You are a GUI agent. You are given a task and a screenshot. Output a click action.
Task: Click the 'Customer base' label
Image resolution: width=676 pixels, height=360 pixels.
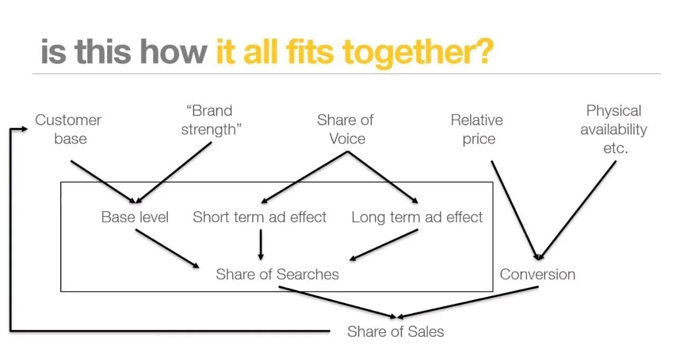68,129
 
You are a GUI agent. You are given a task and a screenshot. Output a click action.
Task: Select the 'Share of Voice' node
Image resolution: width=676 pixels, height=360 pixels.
345,129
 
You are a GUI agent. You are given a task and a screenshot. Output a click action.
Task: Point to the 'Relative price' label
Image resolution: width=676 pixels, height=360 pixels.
477,129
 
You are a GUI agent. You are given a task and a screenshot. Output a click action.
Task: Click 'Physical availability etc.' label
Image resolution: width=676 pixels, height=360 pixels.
614,129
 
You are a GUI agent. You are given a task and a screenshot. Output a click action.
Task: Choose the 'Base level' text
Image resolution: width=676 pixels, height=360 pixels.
135,217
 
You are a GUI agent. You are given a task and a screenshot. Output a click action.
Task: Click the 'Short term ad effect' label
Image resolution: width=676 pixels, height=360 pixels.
260,217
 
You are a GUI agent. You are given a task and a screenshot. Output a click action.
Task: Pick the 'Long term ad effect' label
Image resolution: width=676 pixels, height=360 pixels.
417,217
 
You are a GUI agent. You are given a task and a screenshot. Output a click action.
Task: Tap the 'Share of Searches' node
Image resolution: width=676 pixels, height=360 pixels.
277,274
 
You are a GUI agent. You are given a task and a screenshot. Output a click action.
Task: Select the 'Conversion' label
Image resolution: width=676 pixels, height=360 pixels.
538,274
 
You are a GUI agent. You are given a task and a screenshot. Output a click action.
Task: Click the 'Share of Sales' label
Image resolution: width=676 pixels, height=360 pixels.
396,331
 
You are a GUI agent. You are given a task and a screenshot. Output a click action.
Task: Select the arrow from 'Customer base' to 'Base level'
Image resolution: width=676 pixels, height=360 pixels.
103,181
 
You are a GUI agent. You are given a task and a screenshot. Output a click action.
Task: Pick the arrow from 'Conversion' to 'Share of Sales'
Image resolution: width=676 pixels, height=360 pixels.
467,302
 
